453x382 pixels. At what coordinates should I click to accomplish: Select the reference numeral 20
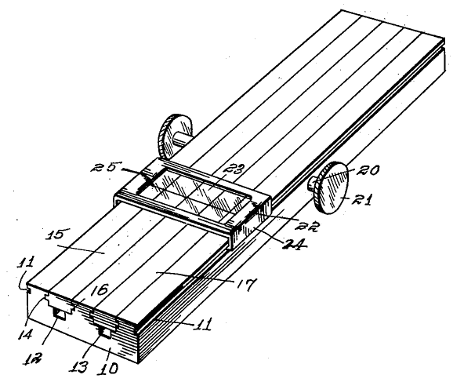pos(367,170)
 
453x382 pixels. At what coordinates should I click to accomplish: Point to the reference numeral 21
pos(362,199)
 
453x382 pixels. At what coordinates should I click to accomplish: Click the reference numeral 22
pos(306,226)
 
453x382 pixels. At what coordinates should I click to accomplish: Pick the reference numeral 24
pos(294,245)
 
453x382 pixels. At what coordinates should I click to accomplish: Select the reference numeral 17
pos(245,285)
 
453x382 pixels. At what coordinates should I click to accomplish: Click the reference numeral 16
pos(100,290)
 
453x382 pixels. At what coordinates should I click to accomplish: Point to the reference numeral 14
pos(27,335)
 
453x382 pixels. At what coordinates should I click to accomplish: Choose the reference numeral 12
pos(33,359)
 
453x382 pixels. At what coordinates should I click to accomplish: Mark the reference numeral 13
pos(78,367)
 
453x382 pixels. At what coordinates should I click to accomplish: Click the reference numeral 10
pos(107,368)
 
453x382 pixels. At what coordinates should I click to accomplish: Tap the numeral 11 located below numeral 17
pos(202,324)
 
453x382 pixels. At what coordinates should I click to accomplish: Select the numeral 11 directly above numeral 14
pos(27,261)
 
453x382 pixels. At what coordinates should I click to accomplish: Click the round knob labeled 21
pos(331,188)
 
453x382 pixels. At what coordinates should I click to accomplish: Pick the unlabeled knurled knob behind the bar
pos(175,136)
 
